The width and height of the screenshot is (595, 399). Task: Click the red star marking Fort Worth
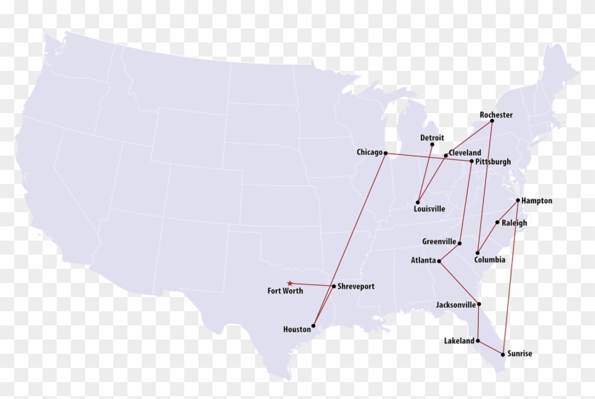coord(289,284)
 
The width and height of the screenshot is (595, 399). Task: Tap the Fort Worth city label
coord(285,291)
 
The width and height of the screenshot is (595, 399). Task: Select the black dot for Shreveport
coord(333,287)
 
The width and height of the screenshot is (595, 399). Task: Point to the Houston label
coord(297,330)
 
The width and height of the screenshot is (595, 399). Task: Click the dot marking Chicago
coord(385,153)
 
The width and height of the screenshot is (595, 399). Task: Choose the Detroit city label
coord(432,138)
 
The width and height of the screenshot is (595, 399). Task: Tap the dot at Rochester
coord(492,122)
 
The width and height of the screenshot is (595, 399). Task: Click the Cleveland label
coord(465,153)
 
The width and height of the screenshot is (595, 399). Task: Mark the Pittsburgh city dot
coord(471,161)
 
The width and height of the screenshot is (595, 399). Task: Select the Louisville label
coord(429,209)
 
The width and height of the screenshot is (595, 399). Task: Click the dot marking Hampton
coord(518,200)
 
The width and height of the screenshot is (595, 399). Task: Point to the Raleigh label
coord(514,223)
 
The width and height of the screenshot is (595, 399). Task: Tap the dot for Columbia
coord(477,253)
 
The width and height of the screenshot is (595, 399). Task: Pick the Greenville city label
coord(439,241)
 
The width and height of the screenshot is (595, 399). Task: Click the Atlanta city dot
coord(439,261)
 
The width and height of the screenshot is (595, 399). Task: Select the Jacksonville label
coord(455,305)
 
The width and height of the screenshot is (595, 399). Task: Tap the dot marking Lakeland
coord(478,340)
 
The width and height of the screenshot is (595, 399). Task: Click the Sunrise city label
coord(519,354)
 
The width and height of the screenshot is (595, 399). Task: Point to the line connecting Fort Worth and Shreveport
coord(312,285)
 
